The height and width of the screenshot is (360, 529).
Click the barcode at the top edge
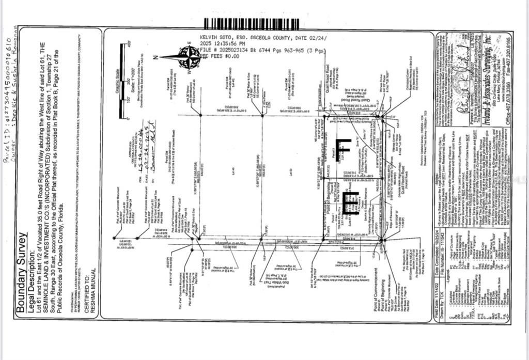tap(251, 24)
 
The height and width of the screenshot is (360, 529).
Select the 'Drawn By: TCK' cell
tap(449, 305)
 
